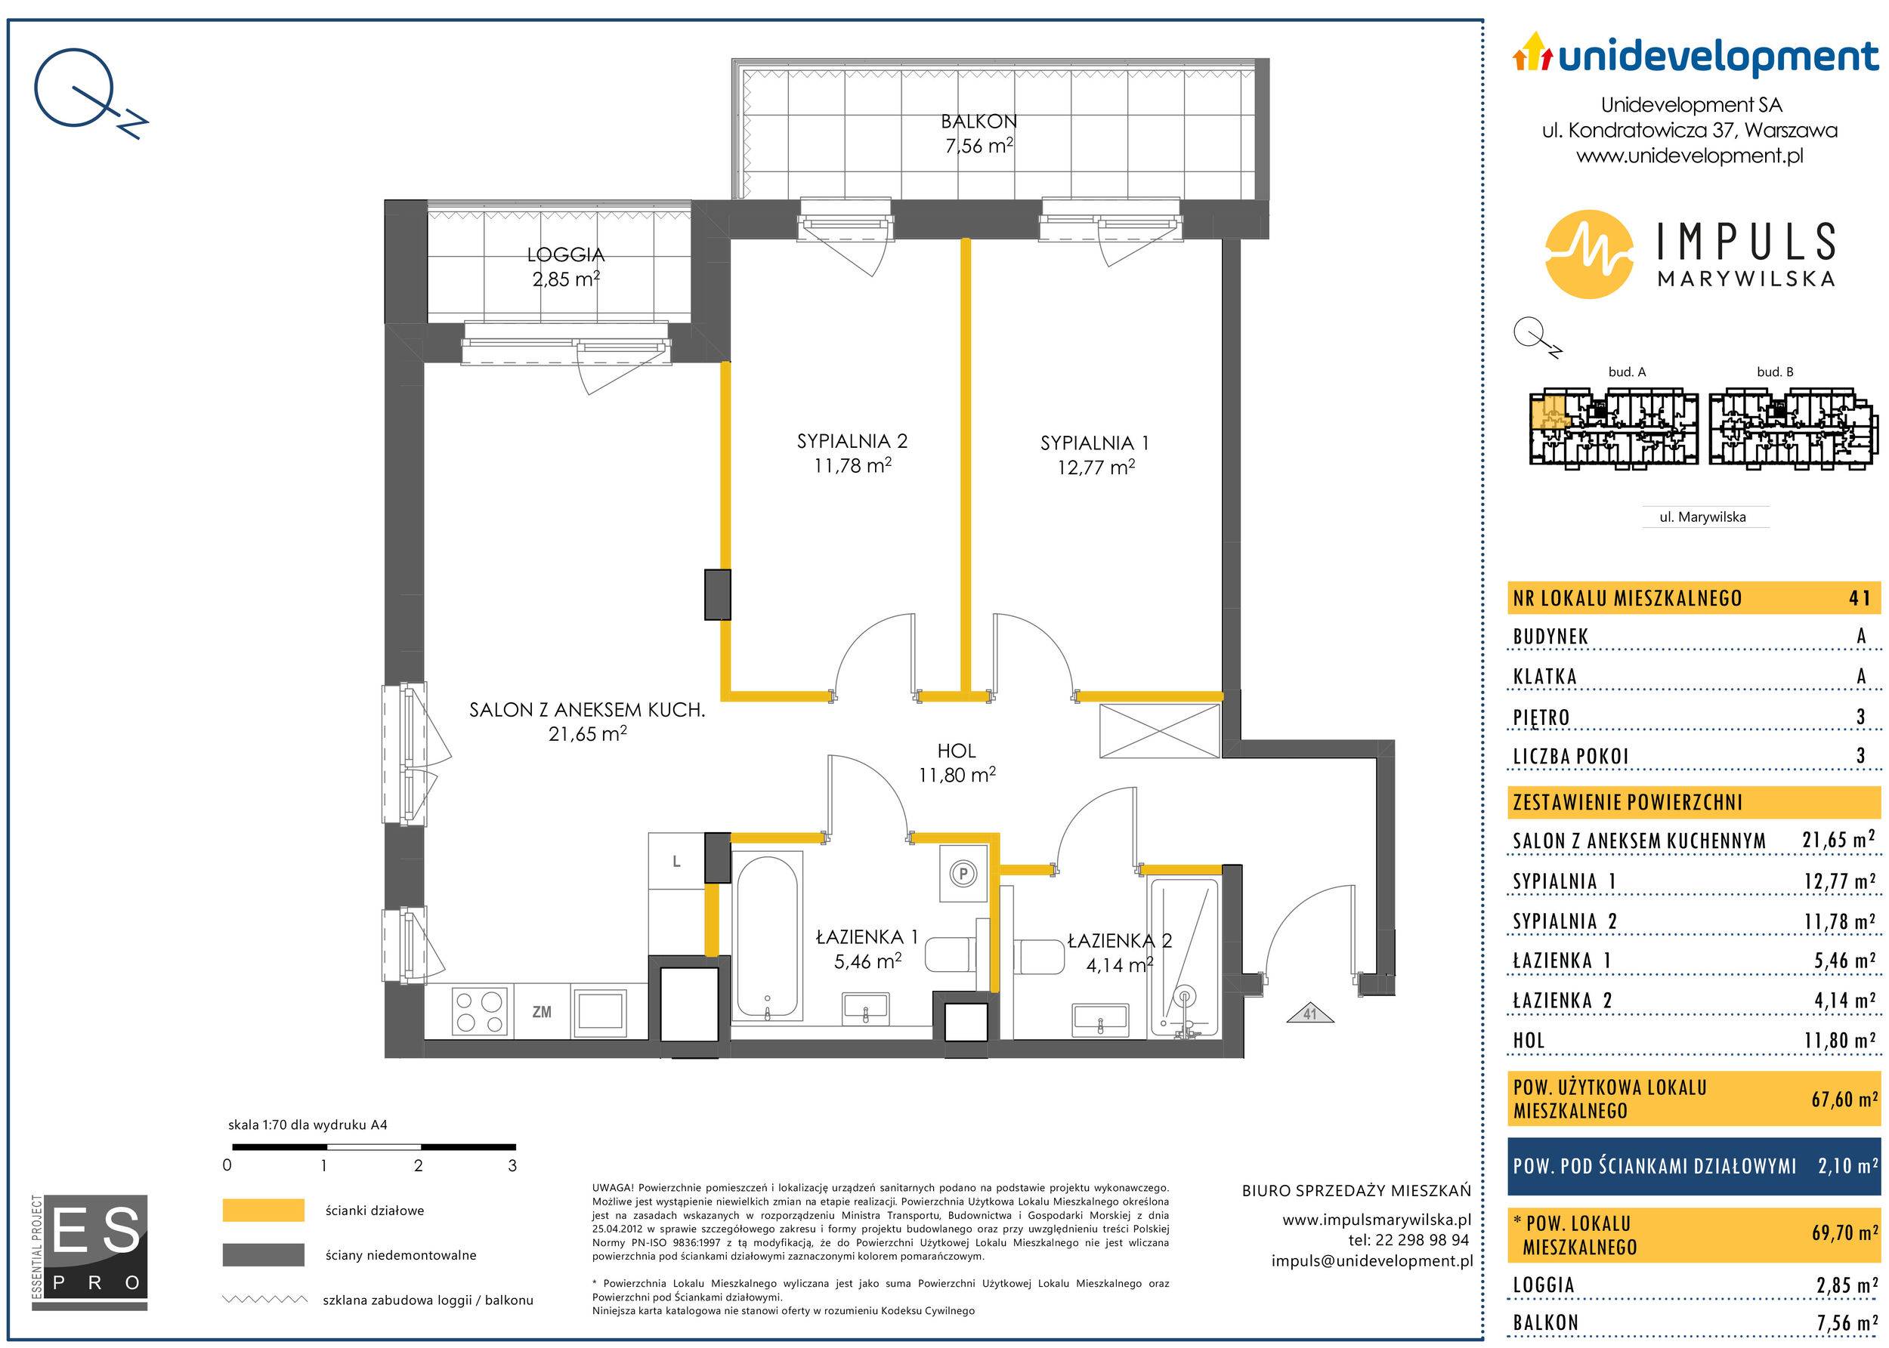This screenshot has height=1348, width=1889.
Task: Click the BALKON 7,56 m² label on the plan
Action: coord(979,134)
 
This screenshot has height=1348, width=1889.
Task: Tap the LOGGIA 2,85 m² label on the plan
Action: coord(566,267)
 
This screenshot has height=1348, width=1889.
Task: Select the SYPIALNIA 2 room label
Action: coord(853,453)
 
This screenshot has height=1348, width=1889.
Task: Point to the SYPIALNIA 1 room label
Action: coord(1095,455)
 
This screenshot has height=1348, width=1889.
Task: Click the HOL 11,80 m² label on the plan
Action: coord(957,763)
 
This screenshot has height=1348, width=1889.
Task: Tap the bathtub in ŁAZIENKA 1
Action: coord(766,938)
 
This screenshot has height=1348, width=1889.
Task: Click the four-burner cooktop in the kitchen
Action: coord(481,1011)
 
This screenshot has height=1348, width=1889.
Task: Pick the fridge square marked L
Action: coord(677,862)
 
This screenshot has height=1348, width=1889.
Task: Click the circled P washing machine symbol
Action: coord(964,873)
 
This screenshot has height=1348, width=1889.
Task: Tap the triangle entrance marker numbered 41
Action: coord(1309,1013)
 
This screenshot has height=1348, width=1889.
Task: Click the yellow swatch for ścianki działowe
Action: coord(262,1211)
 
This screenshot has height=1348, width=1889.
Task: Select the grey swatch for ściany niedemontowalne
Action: coord(262,1254)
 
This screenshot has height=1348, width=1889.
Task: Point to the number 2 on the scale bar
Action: coord(418,1165)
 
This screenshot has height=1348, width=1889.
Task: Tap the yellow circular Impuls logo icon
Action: coord(1588,254)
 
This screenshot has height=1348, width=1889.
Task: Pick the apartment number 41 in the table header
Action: coord(1860,597)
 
